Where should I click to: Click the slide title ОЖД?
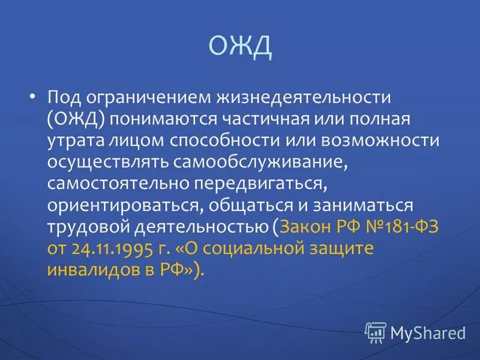(x=240, y=47)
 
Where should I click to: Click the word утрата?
(x=75, y=141)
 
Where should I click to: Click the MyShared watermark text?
(x=428, y=331)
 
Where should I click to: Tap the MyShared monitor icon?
(x=376, y=330)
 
